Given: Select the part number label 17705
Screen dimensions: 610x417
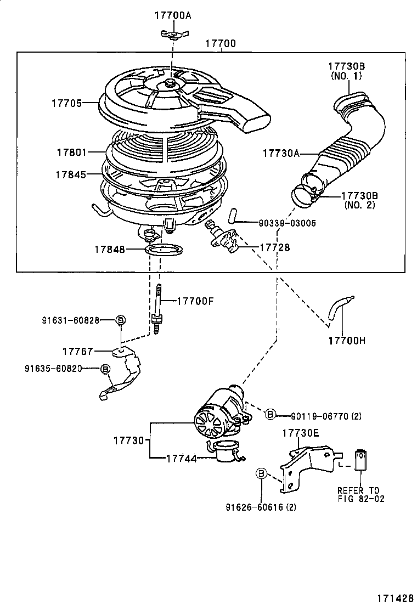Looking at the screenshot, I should pos(66,103).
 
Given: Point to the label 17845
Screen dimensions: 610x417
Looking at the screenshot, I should pos(70,174).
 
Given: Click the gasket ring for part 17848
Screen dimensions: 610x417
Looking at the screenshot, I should pos(165,250).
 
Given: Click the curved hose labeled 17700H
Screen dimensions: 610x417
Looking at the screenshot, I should pos(340,310).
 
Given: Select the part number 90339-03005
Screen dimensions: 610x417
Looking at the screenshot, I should pos(287,223).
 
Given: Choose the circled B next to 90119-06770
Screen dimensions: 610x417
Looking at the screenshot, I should pos(270,415).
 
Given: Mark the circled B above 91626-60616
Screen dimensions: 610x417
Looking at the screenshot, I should pos(262,473).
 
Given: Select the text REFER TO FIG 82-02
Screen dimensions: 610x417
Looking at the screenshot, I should pos(360,494).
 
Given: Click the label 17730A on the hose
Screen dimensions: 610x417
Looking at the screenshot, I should pos(280,154).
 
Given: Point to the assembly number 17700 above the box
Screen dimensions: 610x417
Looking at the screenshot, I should pos(221,43).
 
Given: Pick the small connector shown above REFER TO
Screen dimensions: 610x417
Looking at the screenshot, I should pos(360,459).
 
